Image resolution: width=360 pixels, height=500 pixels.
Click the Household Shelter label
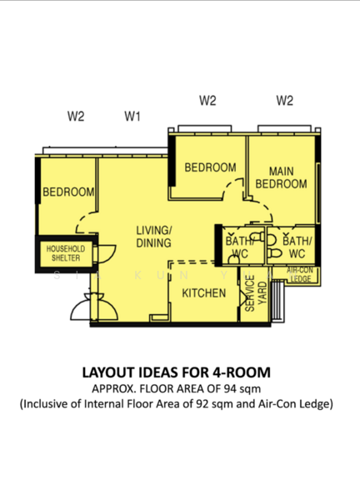point(66,253)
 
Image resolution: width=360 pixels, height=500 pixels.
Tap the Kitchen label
point(204,293)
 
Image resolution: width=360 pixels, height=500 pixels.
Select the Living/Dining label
point(154,237)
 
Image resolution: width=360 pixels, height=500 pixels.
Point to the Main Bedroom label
point(281,177)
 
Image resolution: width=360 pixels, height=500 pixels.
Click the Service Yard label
point(256,293)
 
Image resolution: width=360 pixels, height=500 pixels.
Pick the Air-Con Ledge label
point(300,274)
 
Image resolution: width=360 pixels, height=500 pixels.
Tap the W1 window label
point(132,117)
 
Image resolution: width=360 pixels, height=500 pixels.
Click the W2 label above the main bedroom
point(285,101)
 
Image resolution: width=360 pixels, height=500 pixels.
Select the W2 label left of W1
point(76,116)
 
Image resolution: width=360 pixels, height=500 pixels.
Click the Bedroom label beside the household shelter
point(68,192)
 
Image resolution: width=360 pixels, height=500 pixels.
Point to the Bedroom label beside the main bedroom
point(211,167)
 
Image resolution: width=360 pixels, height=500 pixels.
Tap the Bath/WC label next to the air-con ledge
point(297,247)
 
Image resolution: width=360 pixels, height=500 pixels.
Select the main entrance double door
point(94,307)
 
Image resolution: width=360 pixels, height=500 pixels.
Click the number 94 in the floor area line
point(230,388)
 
